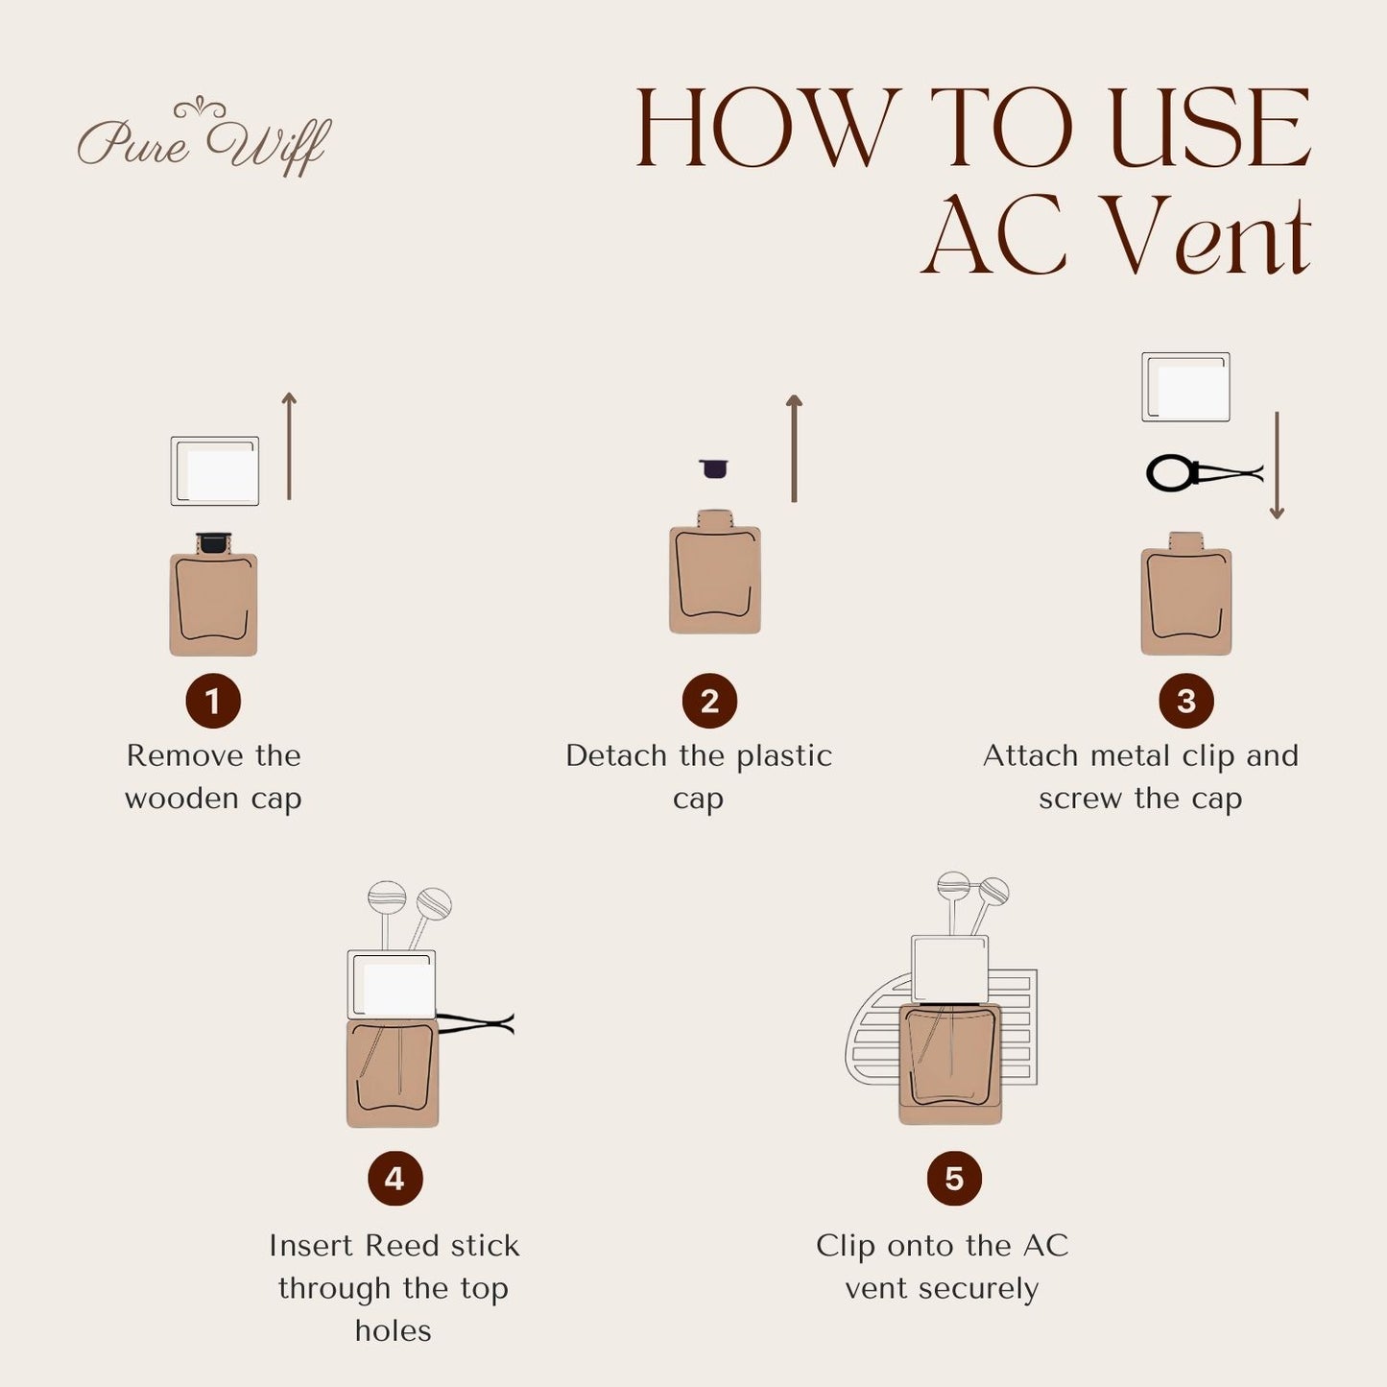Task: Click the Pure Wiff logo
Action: coord(203,139)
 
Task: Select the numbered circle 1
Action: coord(213,701)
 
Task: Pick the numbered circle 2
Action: coord(709,701)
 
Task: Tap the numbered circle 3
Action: coord(1185,701)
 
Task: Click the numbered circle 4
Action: coord(395,1178)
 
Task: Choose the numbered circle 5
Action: coord(953,1178)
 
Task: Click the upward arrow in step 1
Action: coord(289,446)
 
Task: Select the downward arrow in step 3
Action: coord(1277,466)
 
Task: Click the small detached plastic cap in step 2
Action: coord(713,468)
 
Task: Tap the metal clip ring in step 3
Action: coord(1171,473)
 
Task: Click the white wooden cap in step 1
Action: coord(215,471)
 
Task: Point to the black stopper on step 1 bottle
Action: coord(213,542)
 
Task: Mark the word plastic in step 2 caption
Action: coord(783,755)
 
